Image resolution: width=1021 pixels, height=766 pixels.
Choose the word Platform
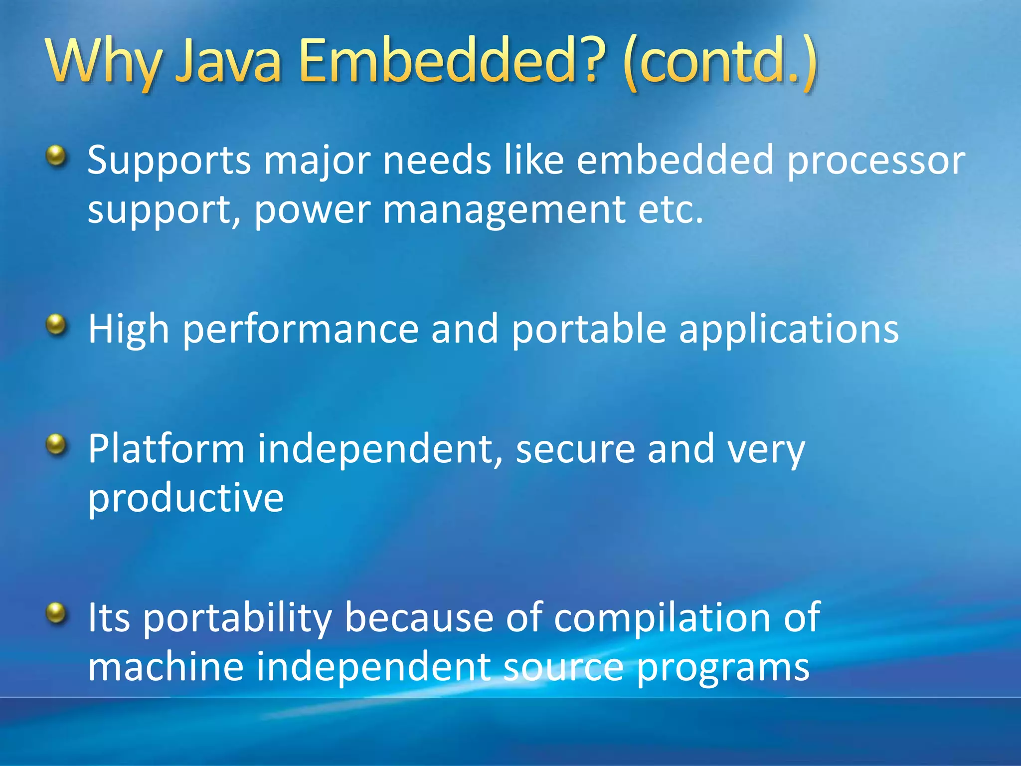pyautogui.click(x=167, y=449)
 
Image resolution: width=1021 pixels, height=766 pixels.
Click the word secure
pyautogui.click(x=575, y=449)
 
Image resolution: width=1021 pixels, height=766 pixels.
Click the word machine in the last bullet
pyautogui.click(x=166, y=667)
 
